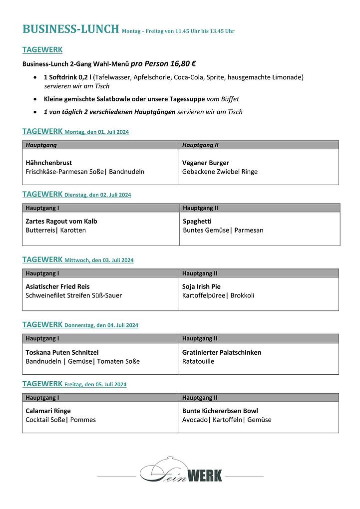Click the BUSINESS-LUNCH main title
tap(70, 29)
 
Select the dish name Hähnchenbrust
tap(49, 163)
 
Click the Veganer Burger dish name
tap(206, 163)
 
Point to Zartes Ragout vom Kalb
tap(61, 221)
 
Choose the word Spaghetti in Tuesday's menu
tap(197, 221)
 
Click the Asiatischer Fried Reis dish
tap(58, 286)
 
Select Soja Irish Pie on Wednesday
tap(201, 286)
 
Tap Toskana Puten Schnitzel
tap(62, 352)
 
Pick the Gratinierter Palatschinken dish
tap(222, 352)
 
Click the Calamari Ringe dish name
tap(48, 411)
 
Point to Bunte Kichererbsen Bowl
tap(220, 411)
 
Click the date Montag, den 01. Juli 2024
tap(96, 132)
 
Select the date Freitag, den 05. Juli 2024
tap(95, 385)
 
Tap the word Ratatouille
tap(198, 361)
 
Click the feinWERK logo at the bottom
tap(181, 473)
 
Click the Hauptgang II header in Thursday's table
tap(200, 338)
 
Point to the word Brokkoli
tap(242, 295)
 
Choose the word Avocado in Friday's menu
tap(194, 420)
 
